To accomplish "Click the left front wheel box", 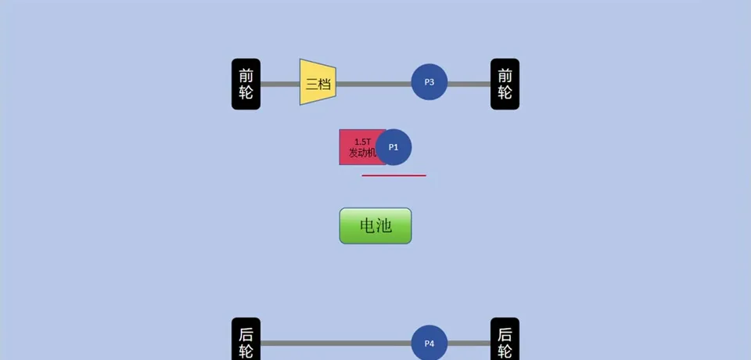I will coord(246,84).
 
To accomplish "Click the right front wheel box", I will coord(505,84).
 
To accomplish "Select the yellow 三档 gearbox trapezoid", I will coord(318,82).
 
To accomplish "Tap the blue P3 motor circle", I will coord(429,82).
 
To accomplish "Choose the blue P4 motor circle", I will coord(429,343).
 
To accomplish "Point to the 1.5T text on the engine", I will coord(362,142).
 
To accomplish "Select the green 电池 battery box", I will coord(375,226).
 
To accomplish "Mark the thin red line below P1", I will coord(393,175).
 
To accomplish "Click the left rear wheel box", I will coord(246,341).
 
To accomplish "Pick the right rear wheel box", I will coord(505,341).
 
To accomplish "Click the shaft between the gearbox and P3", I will coord(373,83).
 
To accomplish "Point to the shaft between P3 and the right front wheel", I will coord(469,83).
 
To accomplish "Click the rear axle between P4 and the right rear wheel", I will coord(469,343).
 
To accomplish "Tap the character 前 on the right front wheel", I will coord(505,75).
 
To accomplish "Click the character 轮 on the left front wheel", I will coord(246,93).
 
